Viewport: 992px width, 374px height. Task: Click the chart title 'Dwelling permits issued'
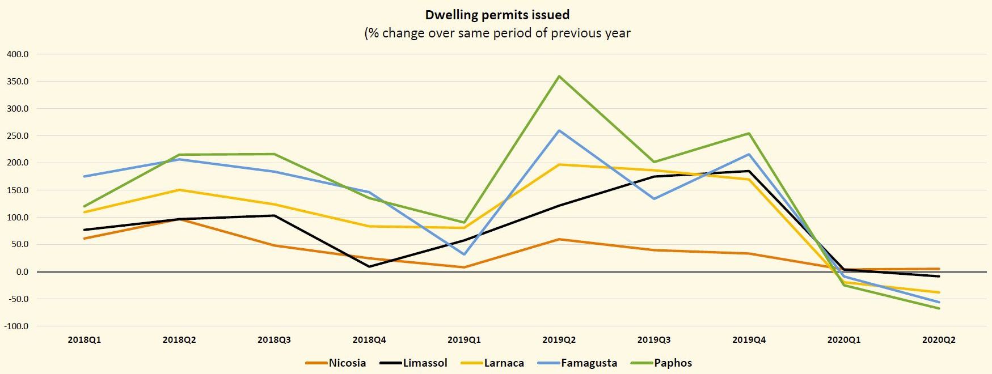(497, 15)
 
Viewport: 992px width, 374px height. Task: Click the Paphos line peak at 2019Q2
(559, 76)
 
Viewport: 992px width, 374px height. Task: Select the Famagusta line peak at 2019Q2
(559, 131)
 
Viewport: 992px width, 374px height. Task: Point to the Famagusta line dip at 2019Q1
(464, 254)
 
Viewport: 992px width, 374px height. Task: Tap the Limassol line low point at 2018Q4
(369, 266)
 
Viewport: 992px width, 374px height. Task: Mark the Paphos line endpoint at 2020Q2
(939, 308)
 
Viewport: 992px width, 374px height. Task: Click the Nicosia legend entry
(336, 363)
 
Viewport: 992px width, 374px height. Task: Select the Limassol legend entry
(413, 363)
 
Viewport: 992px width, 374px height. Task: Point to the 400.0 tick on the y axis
(18, 54)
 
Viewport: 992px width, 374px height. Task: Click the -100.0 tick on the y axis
(16, 326)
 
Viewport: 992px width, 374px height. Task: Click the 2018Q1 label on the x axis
(85, 341)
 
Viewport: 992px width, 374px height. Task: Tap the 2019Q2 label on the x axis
(559, 341)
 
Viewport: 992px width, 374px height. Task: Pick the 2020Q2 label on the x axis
(939, 341)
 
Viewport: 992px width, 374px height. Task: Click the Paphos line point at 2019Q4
(749, 134)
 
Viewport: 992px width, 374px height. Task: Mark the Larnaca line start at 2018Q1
(85, 212)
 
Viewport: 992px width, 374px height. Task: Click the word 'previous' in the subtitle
(578, 33)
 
